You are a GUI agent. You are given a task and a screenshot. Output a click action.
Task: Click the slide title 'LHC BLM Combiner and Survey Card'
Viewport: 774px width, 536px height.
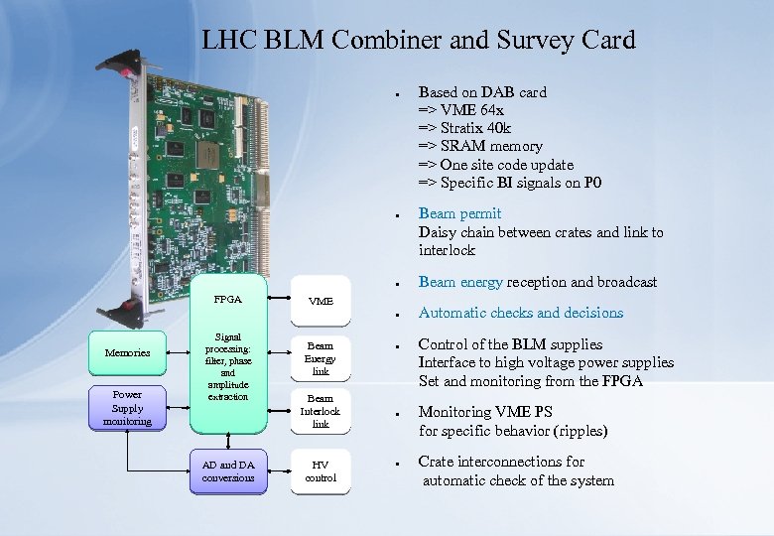[x=418, y=40]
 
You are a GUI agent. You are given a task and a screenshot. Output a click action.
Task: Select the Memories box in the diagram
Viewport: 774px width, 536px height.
[x=128, y=352]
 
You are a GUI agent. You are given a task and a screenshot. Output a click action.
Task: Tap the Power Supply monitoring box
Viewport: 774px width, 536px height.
[x=128, y=408]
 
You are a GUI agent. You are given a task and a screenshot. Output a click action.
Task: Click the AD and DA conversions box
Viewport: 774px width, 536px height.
[x=228, y=471]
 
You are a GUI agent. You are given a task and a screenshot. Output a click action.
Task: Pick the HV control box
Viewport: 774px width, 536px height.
[x=321, y=471]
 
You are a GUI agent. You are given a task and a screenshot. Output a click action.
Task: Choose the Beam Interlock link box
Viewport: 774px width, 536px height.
[x=321, y=411]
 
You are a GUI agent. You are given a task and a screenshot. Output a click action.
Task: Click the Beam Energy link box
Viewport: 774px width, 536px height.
[x=321, y=358]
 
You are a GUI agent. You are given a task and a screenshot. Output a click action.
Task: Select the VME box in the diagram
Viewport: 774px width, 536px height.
[x=321, y=301]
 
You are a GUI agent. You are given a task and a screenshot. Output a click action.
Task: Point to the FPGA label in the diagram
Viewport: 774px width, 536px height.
[x=228, y=299]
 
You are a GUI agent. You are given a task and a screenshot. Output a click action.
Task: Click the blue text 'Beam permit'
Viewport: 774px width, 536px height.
[x=459, y=213]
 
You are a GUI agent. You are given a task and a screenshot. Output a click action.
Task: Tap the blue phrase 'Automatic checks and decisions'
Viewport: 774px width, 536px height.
[x=521, y=313]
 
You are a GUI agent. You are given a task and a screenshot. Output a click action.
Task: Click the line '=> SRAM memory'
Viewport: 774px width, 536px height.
[x=480, y=146]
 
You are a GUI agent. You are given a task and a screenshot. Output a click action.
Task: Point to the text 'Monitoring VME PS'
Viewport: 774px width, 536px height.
[x=485, y=412]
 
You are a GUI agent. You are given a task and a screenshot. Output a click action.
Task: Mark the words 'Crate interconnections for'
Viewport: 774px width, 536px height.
[x=501, y=462]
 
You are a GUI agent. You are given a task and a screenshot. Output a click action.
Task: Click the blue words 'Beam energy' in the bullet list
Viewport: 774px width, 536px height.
[x=460, y=282]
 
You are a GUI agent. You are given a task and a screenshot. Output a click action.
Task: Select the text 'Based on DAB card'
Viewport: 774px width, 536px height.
[x=482, y=92]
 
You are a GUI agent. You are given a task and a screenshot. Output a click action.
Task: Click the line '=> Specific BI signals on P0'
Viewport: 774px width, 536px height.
[x=510, y=183]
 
